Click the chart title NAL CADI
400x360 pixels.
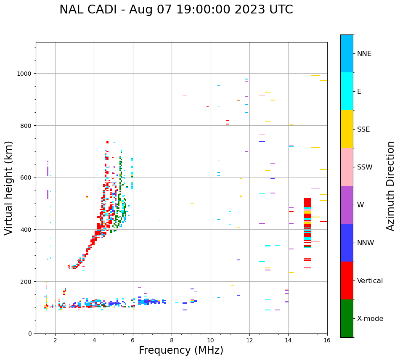pos(176,10)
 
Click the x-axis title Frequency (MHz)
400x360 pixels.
pos(181,350)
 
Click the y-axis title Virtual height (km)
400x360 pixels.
pos(9,188)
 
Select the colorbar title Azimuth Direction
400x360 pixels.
pos(391,186)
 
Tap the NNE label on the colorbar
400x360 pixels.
pos(364,54)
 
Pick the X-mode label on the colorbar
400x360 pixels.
pos(370,319)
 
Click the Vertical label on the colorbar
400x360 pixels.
pos(370,281)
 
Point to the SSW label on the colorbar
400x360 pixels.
pos(365,167)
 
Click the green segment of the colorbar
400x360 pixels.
pos(347,318)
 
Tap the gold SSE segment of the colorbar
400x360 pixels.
pos(347,129)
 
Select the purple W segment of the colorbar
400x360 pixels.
pos(347,205)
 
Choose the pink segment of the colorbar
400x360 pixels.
pos(347,167)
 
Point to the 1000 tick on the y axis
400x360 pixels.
pos(25,74)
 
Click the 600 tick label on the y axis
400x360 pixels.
pos(26,177)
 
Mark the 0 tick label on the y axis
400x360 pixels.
pos(30,334)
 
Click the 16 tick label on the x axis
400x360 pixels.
pos(327,341)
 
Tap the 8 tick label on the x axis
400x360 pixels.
pos(172,341)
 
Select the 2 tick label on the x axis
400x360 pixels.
pos(55,341)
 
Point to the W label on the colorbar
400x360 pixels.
pos(360,205)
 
